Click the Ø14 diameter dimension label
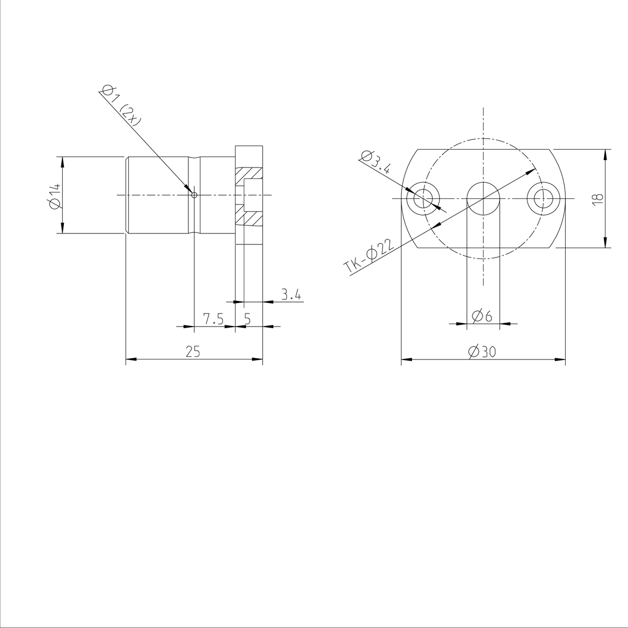pyautogui.click(x=54, y=195)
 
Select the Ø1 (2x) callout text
pyautogui.click(x=120, y=105)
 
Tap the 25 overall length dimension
pyautogui.click(x=193, y=351)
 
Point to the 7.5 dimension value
pyautogui.click(x=214, y=319)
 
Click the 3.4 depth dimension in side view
pyautogui.click(x=291, y=295)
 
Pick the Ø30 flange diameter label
pyautogui.click(x=483, y=352)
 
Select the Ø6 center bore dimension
pyautogui.click(x=482, y=316)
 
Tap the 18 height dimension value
pyautogui.click(x=599, y=198)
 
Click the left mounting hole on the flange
pyautogui.click(x=423, y=199)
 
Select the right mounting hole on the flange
pyautogui.click(x=543, y=199)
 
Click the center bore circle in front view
pyautogui.click(x=483, y=199)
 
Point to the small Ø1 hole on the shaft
pyautogui.click(x=194, y=195)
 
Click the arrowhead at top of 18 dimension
pyautogui.click(x=605, y=154)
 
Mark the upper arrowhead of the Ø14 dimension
pyautogui.click(x=62, y=161)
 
